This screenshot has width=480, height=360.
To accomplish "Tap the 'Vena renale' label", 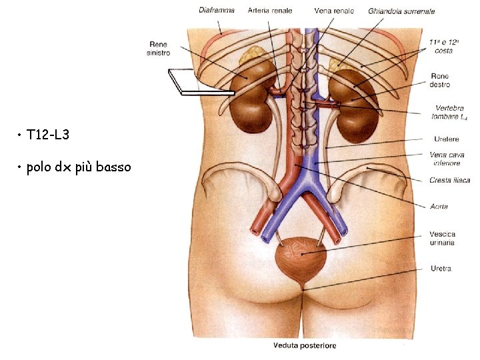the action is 334,11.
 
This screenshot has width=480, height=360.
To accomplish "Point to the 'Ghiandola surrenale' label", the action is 401,11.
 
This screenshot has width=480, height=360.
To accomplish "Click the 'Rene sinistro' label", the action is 159,49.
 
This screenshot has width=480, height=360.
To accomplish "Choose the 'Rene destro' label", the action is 440,81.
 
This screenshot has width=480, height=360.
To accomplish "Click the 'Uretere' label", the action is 446,139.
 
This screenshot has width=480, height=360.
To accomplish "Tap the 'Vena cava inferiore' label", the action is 446,159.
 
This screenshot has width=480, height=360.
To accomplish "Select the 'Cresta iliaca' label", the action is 449,180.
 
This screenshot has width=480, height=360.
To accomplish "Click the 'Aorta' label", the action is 439,207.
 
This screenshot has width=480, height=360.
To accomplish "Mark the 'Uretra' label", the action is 441,269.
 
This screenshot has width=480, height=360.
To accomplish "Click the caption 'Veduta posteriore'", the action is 305,345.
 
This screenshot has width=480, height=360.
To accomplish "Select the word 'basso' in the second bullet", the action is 113,167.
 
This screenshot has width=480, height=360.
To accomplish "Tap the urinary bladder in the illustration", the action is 301,257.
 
